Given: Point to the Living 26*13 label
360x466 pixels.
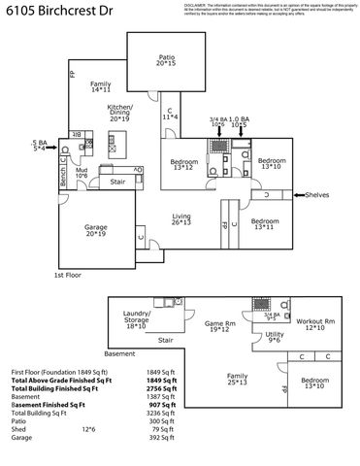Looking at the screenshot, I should (x=181, y=219).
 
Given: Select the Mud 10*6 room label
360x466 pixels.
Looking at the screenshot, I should (x=82, y=172).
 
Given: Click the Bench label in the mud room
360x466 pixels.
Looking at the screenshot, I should (x=63, y=178).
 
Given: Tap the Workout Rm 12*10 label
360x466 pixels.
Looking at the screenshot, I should (x=315, y=323).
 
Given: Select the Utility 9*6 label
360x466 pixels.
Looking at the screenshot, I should (x=275, y=337).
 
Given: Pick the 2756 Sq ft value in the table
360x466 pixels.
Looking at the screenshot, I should (x=160, y=387).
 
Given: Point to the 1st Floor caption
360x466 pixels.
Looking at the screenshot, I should (x=66, y=276).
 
